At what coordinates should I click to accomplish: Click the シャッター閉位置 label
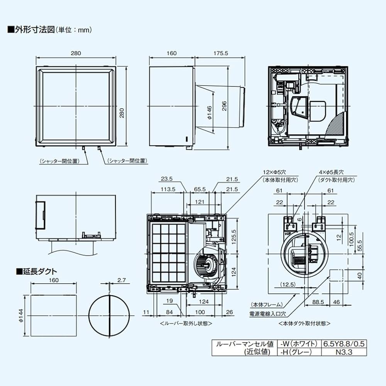pos(127,161)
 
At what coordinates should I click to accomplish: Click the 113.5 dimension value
pos(168,189)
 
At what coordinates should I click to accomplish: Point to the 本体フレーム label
pos(266,305)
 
